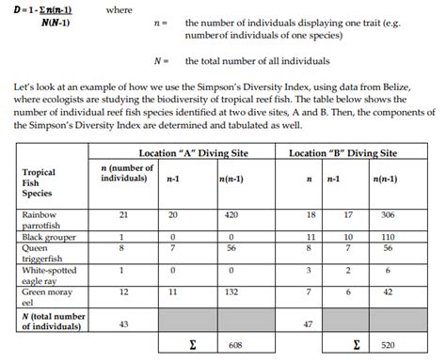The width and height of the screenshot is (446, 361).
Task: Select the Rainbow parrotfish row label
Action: [x=41, y=220]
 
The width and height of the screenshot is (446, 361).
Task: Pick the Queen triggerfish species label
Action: [x=41, y=251]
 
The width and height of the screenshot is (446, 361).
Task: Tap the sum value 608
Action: [x=235, y=346]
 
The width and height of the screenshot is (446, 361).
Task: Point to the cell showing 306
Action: [x=388, y=215]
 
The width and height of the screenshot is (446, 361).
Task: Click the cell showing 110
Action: [x=388, y=236]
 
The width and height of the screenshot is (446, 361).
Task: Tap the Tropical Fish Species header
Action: [x=40, y=183]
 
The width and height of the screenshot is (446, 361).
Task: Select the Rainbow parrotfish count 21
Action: [x=120, y=215]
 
